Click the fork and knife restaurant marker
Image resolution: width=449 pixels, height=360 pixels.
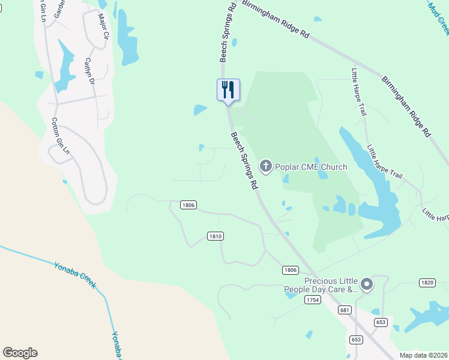pos(228,90)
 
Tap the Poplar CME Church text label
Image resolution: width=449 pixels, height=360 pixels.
pos(311,166)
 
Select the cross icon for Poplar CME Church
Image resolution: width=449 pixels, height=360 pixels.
pos(265,166)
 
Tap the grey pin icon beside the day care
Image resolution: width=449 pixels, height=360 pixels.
pos(367,285)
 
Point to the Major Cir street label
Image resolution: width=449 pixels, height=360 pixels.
pos(103,27)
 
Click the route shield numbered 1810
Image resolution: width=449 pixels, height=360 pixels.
pos(215,236)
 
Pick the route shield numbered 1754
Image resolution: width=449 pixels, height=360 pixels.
pos(311,299)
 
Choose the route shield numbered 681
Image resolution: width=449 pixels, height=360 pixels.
pos(344,310)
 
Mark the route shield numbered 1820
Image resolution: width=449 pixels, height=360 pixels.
pos(427,283)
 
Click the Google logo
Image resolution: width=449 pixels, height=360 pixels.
pos(20,353)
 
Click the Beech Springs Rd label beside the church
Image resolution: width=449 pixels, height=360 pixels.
pos(245,161)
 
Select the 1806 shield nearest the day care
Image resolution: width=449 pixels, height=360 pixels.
pos(291,271)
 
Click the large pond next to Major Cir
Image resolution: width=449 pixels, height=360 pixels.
pos(127,38)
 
